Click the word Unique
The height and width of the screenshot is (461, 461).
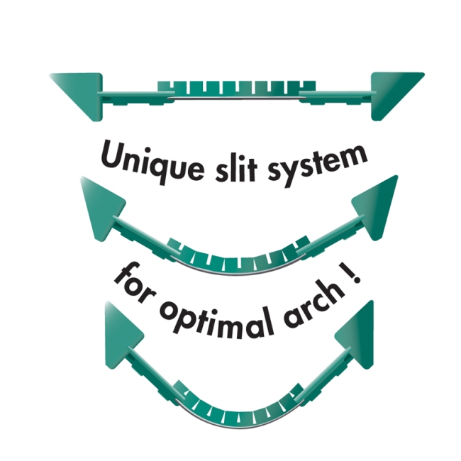click(152, 162)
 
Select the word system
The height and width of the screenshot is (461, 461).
click(318, 165)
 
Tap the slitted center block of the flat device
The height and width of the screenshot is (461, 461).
click(237, 89)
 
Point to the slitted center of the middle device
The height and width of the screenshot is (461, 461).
click(238, 259)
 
